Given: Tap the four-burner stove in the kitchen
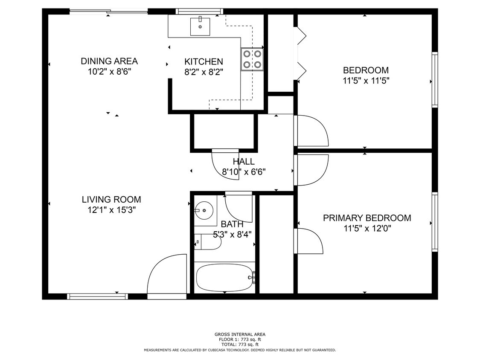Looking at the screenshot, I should [x=252, y=59].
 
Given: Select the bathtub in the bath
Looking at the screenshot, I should [x=224, y=278].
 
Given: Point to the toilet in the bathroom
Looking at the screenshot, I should [x=208, y=242].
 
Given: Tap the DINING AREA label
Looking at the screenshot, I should [x=109, y=61].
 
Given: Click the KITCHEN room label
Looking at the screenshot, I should [x=204, y=61].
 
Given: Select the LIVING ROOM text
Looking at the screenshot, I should [x=111, y=199].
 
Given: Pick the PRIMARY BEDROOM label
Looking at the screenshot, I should [x=367, y=218].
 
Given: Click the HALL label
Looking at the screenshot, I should [x=244, y=162].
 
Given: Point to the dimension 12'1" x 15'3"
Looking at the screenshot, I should [x=111, y=210].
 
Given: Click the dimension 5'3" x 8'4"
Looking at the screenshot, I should [x=232, y=234].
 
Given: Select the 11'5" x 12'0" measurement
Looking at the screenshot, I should [x=367, y=229].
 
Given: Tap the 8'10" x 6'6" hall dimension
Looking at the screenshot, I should [x=244, y=172].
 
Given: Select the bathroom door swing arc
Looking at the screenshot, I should [x=239, y=207].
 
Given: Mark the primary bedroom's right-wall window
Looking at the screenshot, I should [x=435, y=222].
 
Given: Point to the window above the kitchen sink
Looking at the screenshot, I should [x=200, y=11].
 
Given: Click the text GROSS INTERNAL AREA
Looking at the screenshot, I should [x=240, y=334].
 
